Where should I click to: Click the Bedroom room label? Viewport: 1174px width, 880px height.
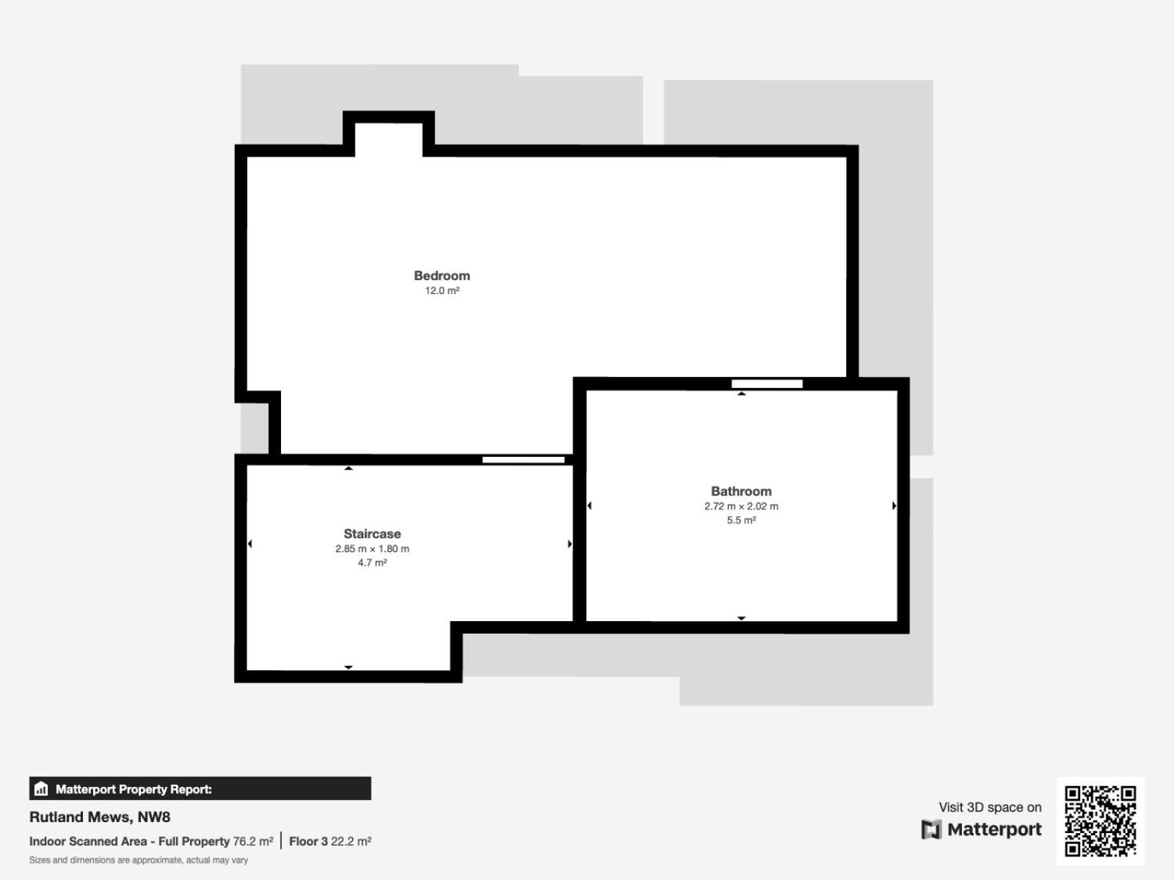pyautogui.click(x=442, y=276)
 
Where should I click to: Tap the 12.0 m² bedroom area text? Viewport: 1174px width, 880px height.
pyautogui.click(x=442, y=290)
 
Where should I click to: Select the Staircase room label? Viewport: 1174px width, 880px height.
pyautogui.click(x=372, y=534)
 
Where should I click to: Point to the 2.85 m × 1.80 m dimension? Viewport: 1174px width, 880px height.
pyautogui.click(x=372, y=549)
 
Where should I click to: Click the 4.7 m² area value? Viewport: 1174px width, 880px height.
pyautogui.click(x=372, y=562)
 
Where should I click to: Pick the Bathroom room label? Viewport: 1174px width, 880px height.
pyautogui.click(x=741, y=491)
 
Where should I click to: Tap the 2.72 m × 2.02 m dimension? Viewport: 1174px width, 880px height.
pyautogui.click(x=741, y=506)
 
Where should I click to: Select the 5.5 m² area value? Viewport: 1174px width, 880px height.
pyautogui.click(x=741, y=520)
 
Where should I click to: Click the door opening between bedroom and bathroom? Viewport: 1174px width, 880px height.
pyautogui.click(x=767, y=384)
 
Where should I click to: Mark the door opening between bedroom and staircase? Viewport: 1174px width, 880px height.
pyautogui.click(x=524, y=460)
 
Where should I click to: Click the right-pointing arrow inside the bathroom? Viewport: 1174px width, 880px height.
pyautogui.click(x=894, y=505)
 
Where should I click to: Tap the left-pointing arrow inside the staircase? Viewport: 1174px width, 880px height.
pyautogui.click(x=249, y=544)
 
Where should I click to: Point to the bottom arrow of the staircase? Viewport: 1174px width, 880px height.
pyautogui.click(x=349, y=667)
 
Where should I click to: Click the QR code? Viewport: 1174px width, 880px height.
pyautogui.click(x=1100, y=821)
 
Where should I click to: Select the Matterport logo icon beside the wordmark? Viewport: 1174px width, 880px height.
pyautogui.click(x=931, y=829)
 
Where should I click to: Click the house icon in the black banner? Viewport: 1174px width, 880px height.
pyautogui.click(x=41, y=788)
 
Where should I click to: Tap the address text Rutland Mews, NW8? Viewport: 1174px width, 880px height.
pyautogui.click(x=100, y=817)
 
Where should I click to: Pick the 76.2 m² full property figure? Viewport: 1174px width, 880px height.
pyautogui.click(x=253, y=842)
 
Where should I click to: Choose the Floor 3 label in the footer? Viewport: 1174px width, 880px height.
pyautogui.click(x=308, y=842)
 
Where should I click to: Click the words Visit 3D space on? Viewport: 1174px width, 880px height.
pyautogui.click(x=990, y=807)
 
